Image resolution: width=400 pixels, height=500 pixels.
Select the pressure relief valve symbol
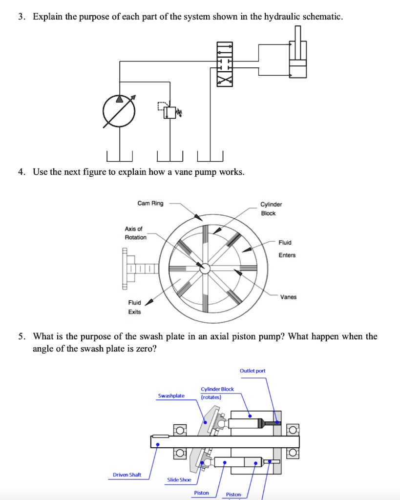(169, 112)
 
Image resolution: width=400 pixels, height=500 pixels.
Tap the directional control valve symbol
(225, 64)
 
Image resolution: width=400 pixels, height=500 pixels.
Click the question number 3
(21, 17)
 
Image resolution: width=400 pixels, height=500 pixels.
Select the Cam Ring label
(150, 203)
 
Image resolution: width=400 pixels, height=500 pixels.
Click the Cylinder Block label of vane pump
(271, 209)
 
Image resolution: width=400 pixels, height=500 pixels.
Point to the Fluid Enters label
(287, 249)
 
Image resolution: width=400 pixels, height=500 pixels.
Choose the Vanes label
(288, 297)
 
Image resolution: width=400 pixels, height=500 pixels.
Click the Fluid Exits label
(134, 307)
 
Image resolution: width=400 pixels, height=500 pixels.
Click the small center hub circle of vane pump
(206, 268)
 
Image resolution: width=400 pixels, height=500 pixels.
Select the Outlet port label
(253, 371)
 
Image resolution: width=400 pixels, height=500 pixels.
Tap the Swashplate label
(171, 396)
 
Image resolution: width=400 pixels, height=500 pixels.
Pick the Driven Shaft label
(127, 475)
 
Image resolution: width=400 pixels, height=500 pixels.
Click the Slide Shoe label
(179, 479)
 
